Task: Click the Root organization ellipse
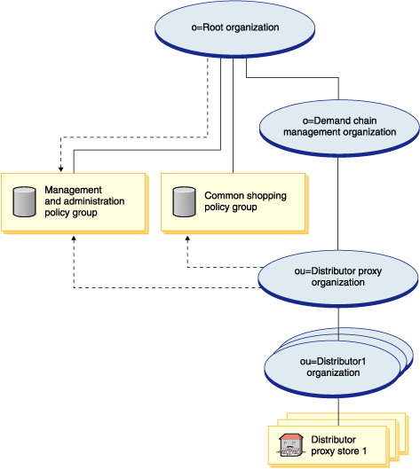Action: click(234, 28)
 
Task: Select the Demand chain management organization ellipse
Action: click(339, 128)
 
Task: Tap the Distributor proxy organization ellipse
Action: click(338, 278)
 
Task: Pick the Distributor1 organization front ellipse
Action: click(333, 369)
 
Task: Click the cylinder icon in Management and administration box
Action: click(24, 201)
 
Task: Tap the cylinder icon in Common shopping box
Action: click(184, 201)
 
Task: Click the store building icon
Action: click(290, 445)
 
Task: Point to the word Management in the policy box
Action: click(73, 190)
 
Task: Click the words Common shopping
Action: click(245, 196)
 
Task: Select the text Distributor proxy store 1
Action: click(338, 445)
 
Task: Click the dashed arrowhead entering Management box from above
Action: click(61, 169)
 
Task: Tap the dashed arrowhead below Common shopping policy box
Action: click(187, 239)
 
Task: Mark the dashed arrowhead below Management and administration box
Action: click(74, 239)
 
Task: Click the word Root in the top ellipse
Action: click(213, 27)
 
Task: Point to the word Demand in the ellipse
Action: click(345, 121)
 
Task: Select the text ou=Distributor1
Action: click(333, 362)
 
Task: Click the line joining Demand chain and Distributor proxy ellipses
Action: click(338, 204)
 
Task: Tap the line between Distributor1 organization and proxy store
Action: click(338, 411)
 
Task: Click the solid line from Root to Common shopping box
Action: click(233, 115)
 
